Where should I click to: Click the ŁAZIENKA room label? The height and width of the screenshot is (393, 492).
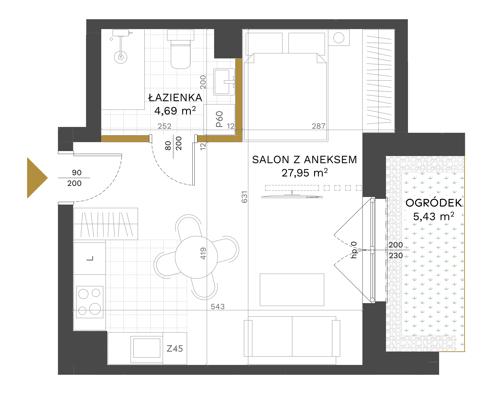click(x=175, y=98)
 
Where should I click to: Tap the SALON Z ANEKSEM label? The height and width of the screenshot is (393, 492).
click(x=304, y=160)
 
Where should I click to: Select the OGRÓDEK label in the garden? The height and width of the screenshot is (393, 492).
click(x=434, y=203)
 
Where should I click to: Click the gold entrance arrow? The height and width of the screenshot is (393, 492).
click(x=37, y=178)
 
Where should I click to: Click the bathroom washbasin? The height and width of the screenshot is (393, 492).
click(x=224, y=82)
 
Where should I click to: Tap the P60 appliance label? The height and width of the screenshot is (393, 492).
click(x=219, y=119)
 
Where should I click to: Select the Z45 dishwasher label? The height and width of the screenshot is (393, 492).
click(x=175, y=348)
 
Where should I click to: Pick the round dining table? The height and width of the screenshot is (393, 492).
click(x=196, y=257)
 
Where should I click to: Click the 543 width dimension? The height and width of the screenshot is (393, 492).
click(x=218, y=307)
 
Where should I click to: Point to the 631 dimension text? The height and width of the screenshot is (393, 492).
click(x=244, y=197)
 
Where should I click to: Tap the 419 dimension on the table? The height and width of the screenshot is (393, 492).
click(x=203, y=253)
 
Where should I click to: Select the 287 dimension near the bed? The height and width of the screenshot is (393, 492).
click(x=319, y=126)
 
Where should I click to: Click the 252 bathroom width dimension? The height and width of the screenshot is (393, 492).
click(x=165, y=126)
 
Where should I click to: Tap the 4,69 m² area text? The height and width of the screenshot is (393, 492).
click(x=175, y=111)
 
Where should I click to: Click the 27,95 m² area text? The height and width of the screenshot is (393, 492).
click(x=305, y=173)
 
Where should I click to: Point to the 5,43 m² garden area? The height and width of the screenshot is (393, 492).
click(x=434, y=216)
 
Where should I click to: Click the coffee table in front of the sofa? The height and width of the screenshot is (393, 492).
click(x=292, y=290)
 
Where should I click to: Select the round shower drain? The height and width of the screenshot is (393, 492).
click(x=121, y=57)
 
